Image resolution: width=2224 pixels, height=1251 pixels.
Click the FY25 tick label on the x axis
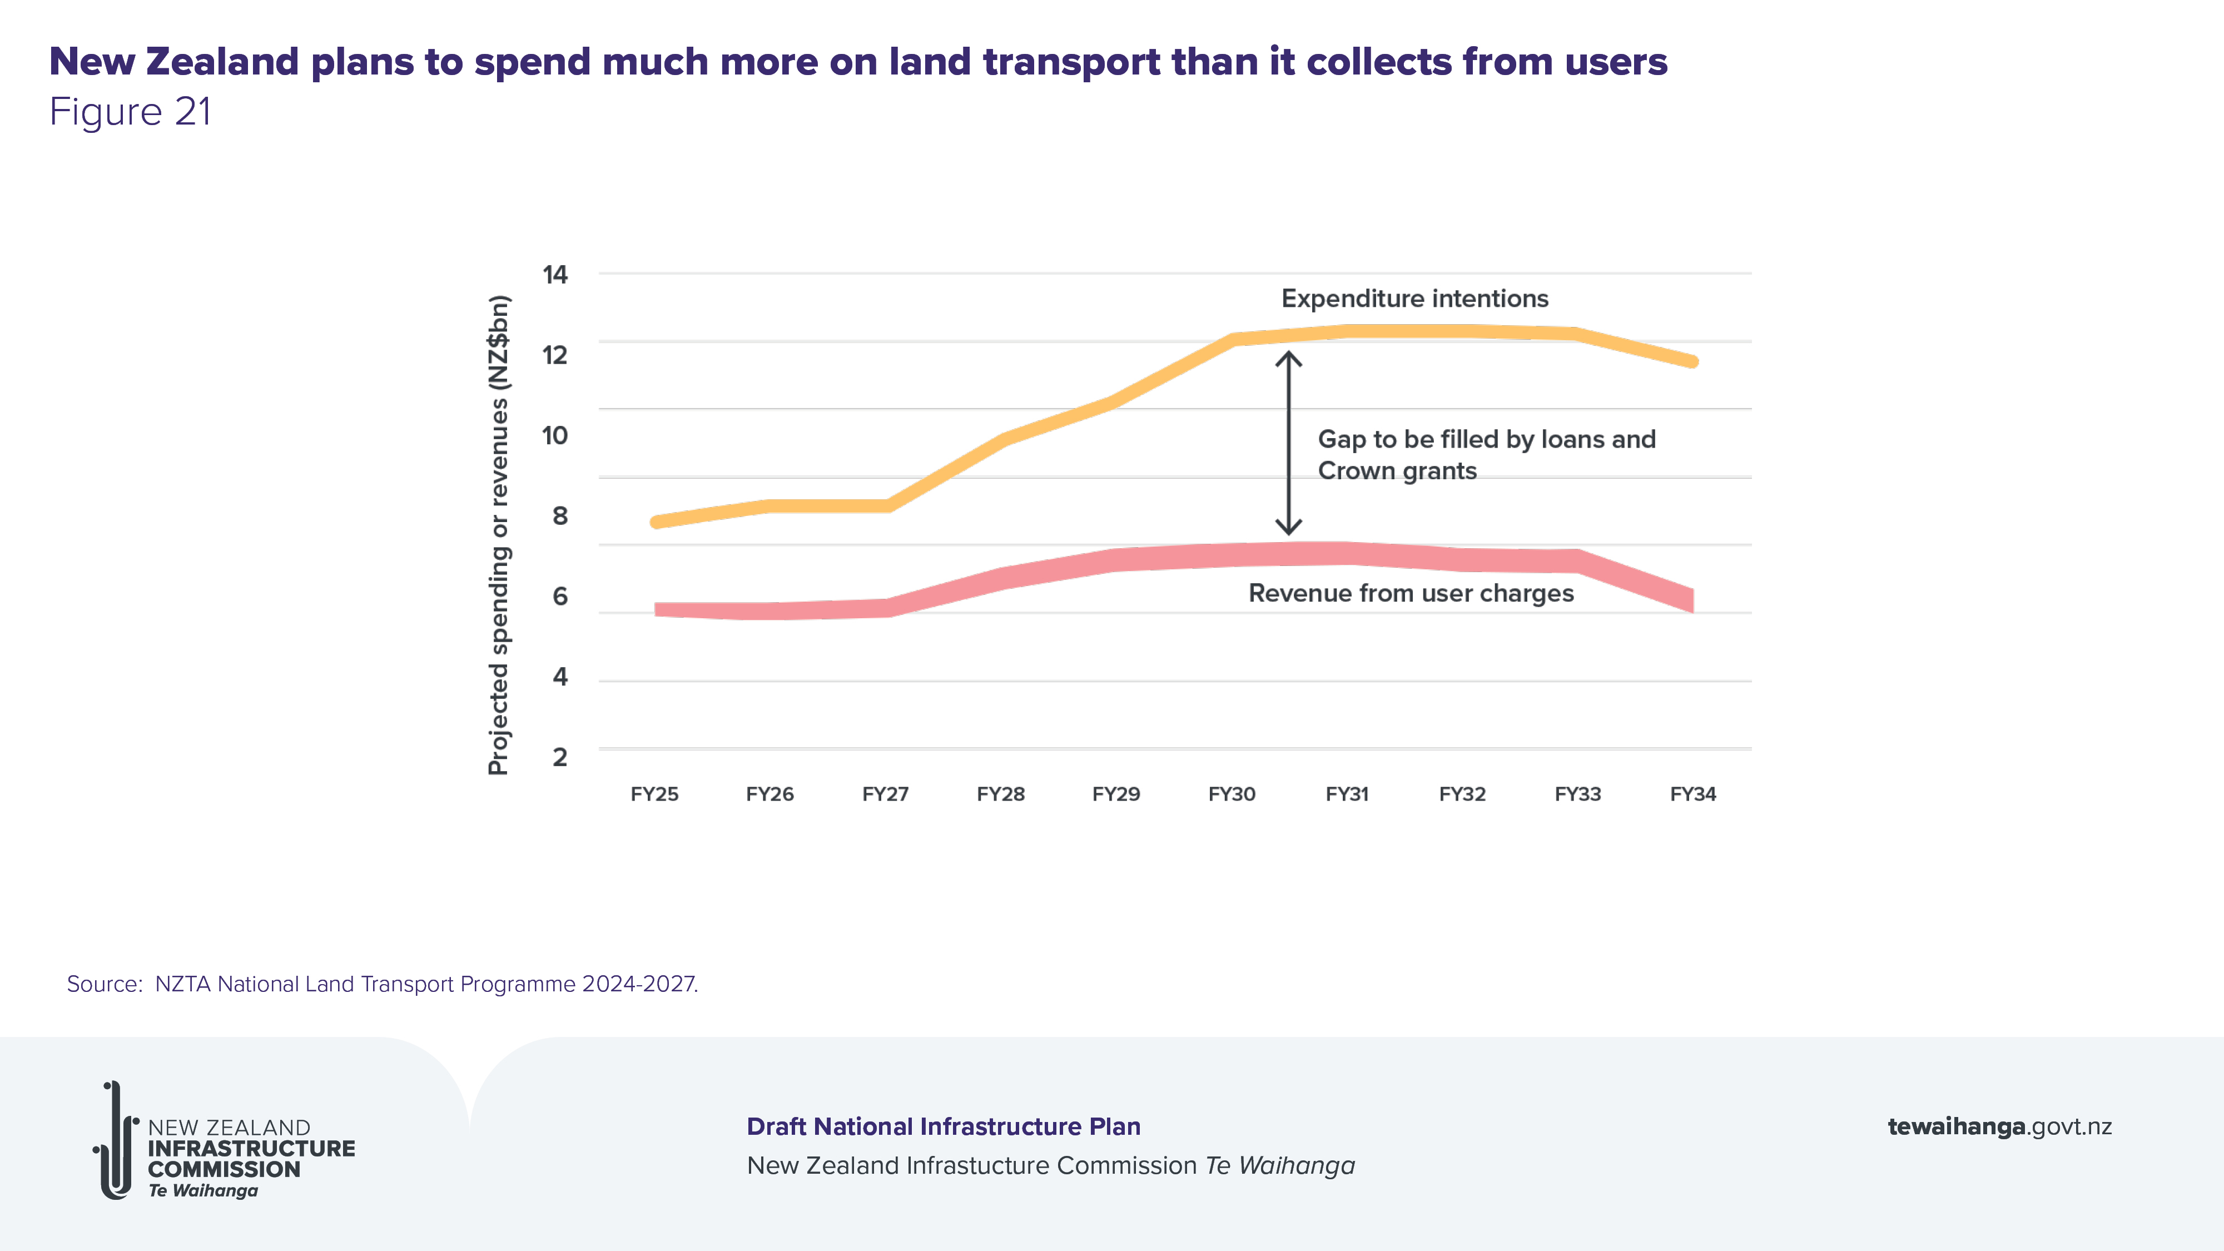tap(654, 795)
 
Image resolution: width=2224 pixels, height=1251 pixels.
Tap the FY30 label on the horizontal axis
tap(1231, 795)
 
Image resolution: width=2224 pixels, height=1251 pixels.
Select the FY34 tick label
tap(1692, 795)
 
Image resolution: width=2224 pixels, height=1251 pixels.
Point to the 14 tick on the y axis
tap(555, 275)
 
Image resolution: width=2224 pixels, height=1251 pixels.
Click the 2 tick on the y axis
tap(559, 757)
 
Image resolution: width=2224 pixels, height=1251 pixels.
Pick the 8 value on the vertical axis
tap(559, 517)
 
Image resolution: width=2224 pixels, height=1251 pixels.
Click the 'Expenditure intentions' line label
tap(1414, 299)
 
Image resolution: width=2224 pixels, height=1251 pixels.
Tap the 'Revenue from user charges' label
tap(1411, 594)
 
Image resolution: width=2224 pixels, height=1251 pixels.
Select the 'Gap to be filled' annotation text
tap(1486, 455)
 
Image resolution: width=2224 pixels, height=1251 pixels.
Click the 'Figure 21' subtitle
tap(130, 112)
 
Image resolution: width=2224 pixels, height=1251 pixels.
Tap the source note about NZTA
tap(383, 984)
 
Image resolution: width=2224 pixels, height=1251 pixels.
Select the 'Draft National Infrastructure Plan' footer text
tap(943, 1126)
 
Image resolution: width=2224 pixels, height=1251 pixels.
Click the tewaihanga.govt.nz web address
tap(1999, 1126)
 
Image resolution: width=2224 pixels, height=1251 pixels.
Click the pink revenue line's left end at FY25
tap(658, 609)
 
